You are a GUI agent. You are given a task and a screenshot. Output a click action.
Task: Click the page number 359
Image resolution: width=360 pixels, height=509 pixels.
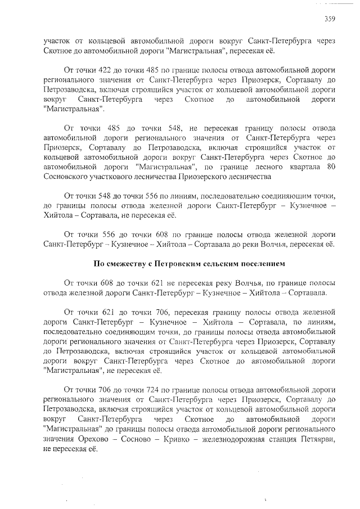tap(330, 19)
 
